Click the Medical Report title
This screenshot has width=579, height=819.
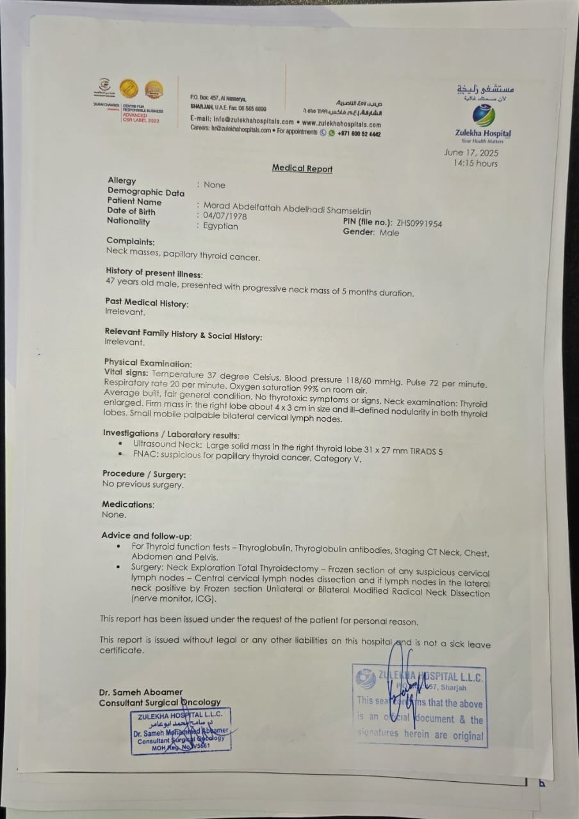[302, 168]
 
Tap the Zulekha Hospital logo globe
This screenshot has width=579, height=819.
[484, 116]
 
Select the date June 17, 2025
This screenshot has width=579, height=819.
[471, 153]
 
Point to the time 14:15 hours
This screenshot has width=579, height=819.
[475, 163]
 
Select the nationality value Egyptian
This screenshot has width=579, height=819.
[220, 226]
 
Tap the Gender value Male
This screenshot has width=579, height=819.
[389, 233]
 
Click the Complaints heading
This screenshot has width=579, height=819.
[131, 241]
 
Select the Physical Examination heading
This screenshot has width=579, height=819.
[147, 363]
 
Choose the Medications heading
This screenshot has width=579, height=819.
[127, 504]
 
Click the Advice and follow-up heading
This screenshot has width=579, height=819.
[146, 535]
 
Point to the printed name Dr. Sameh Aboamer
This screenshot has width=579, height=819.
[140, 692]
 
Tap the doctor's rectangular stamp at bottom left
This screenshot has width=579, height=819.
[181, 731]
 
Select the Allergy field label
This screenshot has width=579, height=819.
[122, 181]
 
